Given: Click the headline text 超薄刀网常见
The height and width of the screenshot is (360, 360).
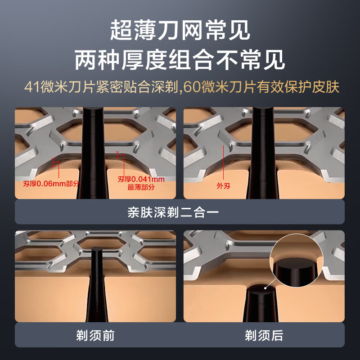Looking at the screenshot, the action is [x=180, y=30].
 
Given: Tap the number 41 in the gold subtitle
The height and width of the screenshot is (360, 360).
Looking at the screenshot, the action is [x=31, y=87].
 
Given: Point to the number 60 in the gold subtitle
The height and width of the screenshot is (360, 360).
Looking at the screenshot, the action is [x=190, y=87].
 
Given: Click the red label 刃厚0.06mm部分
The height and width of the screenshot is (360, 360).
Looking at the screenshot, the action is [x=51, y=184].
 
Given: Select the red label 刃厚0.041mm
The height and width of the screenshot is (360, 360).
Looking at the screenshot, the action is [x=141, y=179].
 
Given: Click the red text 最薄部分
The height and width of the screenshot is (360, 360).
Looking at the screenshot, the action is [x=141, y=187].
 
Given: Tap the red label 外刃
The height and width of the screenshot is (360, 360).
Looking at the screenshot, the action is [x=223, y=186].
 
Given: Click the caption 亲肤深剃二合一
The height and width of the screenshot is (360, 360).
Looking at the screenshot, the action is [x=173, y=212].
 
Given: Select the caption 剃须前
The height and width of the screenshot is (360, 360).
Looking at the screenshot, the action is [x=95, y=335].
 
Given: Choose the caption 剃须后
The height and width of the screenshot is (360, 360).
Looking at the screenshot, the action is [x=264, y=335].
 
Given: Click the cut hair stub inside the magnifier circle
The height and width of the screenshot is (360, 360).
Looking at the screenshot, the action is [x=296, y=272].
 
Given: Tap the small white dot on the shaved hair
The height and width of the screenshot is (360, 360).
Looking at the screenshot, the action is [x=265, y=288].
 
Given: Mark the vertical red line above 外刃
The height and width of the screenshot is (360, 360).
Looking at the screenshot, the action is [x=223, y=162].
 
